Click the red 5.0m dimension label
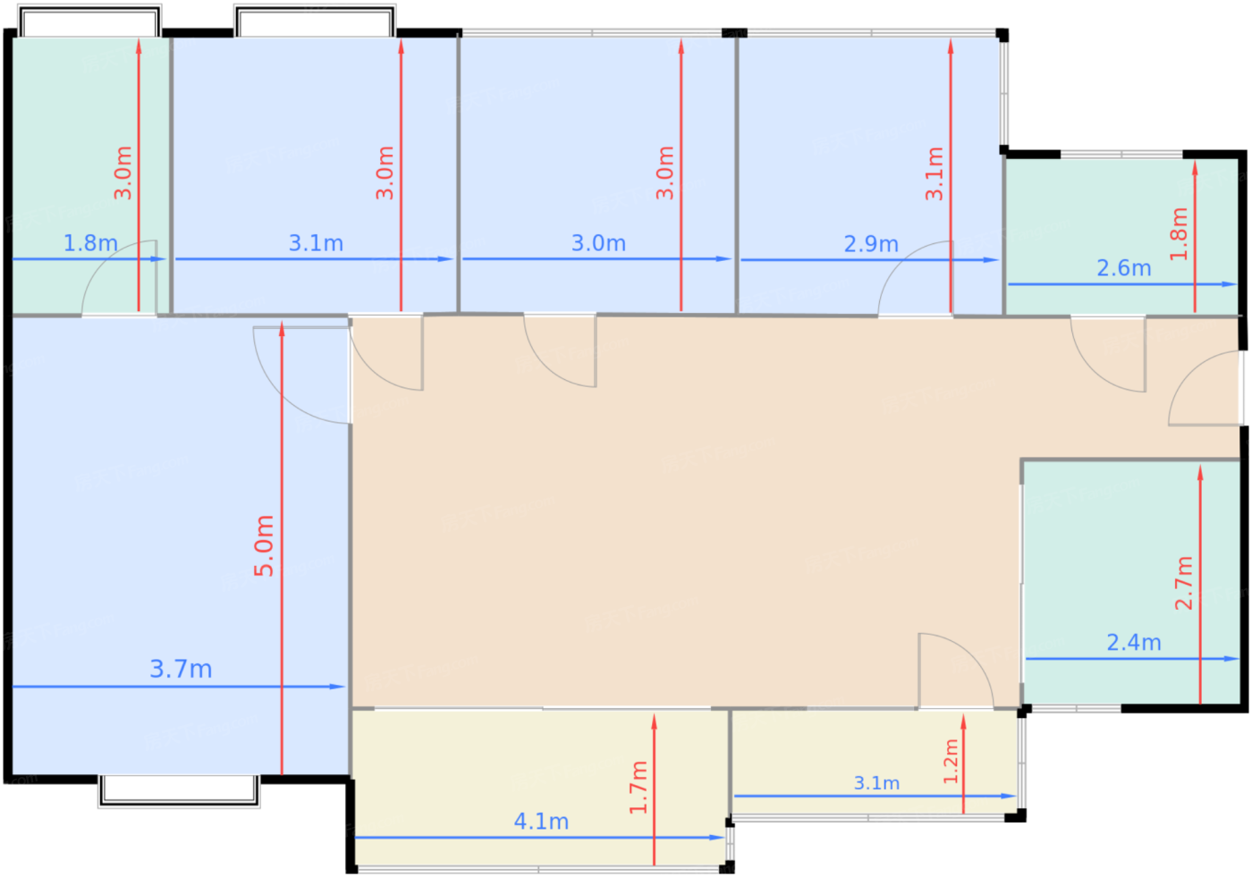click(x=264, y=545)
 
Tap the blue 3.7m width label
click(x=181, y=670)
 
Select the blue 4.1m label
click(x=541, y=822)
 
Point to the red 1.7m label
click(x=639, y=788)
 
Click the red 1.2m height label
click(x=951, y=762)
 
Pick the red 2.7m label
click(x=1184, y=583)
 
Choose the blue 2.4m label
click(x=1134, y=643)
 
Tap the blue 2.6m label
click(x=1124, y=268)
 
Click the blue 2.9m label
click(x=871, y=244)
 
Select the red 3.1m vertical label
click(x=934, y=173)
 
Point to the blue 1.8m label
click(x=90, y=243)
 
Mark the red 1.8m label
click(x=1179, y=234)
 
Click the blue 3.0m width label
click(x=598, y=243)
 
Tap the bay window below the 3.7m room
click(x=179, y=791)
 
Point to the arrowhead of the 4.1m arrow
click(x=717, y=838)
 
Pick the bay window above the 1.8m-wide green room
click(x=90, y=21)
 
